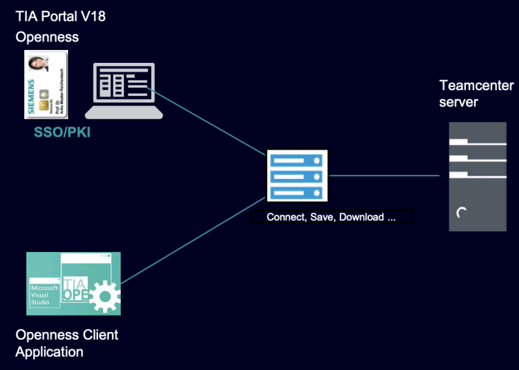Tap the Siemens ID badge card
pyautogui.click(x=46, y=84)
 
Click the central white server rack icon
pyautogui.click(x=297, y=176)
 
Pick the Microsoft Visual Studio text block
pyautogui.click(x=44, y=295)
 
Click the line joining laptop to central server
pyautogui.click(x=208, y=121)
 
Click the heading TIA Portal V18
pyautogui.click(x=60, y=16)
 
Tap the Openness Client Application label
pyautogui.click(x=67, y=343)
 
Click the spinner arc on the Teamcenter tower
pyautogui.click(x=461, y=213)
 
